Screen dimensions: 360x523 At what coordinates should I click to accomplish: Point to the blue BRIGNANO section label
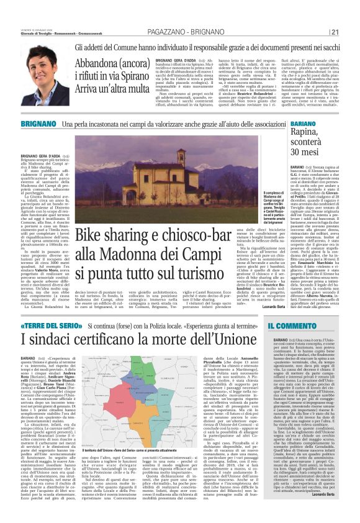37,125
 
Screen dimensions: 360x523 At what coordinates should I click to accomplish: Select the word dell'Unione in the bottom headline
228,340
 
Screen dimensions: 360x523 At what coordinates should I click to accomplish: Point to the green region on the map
145,371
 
